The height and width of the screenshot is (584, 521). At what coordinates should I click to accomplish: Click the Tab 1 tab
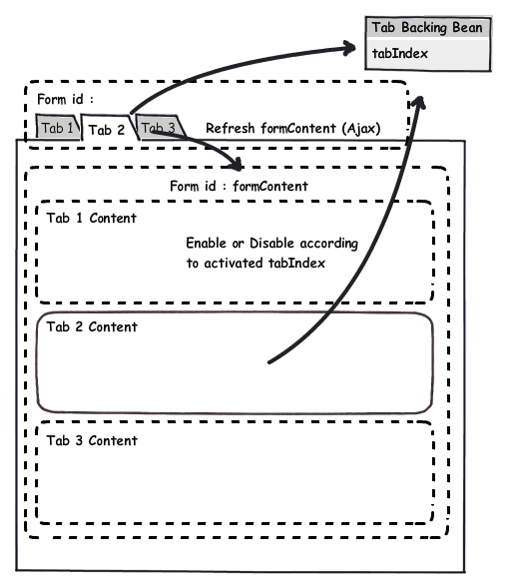56,128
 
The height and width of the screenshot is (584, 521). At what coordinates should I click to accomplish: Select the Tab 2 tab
106,129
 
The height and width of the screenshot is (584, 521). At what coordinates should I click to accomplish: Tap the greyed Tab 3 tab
158,128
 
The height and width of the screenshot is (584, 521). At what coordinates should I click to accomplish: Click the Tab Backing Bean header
427,27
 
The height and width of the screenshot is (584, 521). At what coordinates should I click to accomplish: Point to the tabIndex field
401,53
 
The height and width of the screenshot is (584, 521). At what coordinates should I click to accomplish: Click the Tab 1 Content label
91,218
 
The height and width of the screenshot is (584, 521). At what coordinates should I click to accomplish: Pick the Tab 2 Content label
91,326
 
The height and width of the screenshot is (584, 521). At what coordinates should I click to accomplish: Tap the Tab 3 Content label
91,440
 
